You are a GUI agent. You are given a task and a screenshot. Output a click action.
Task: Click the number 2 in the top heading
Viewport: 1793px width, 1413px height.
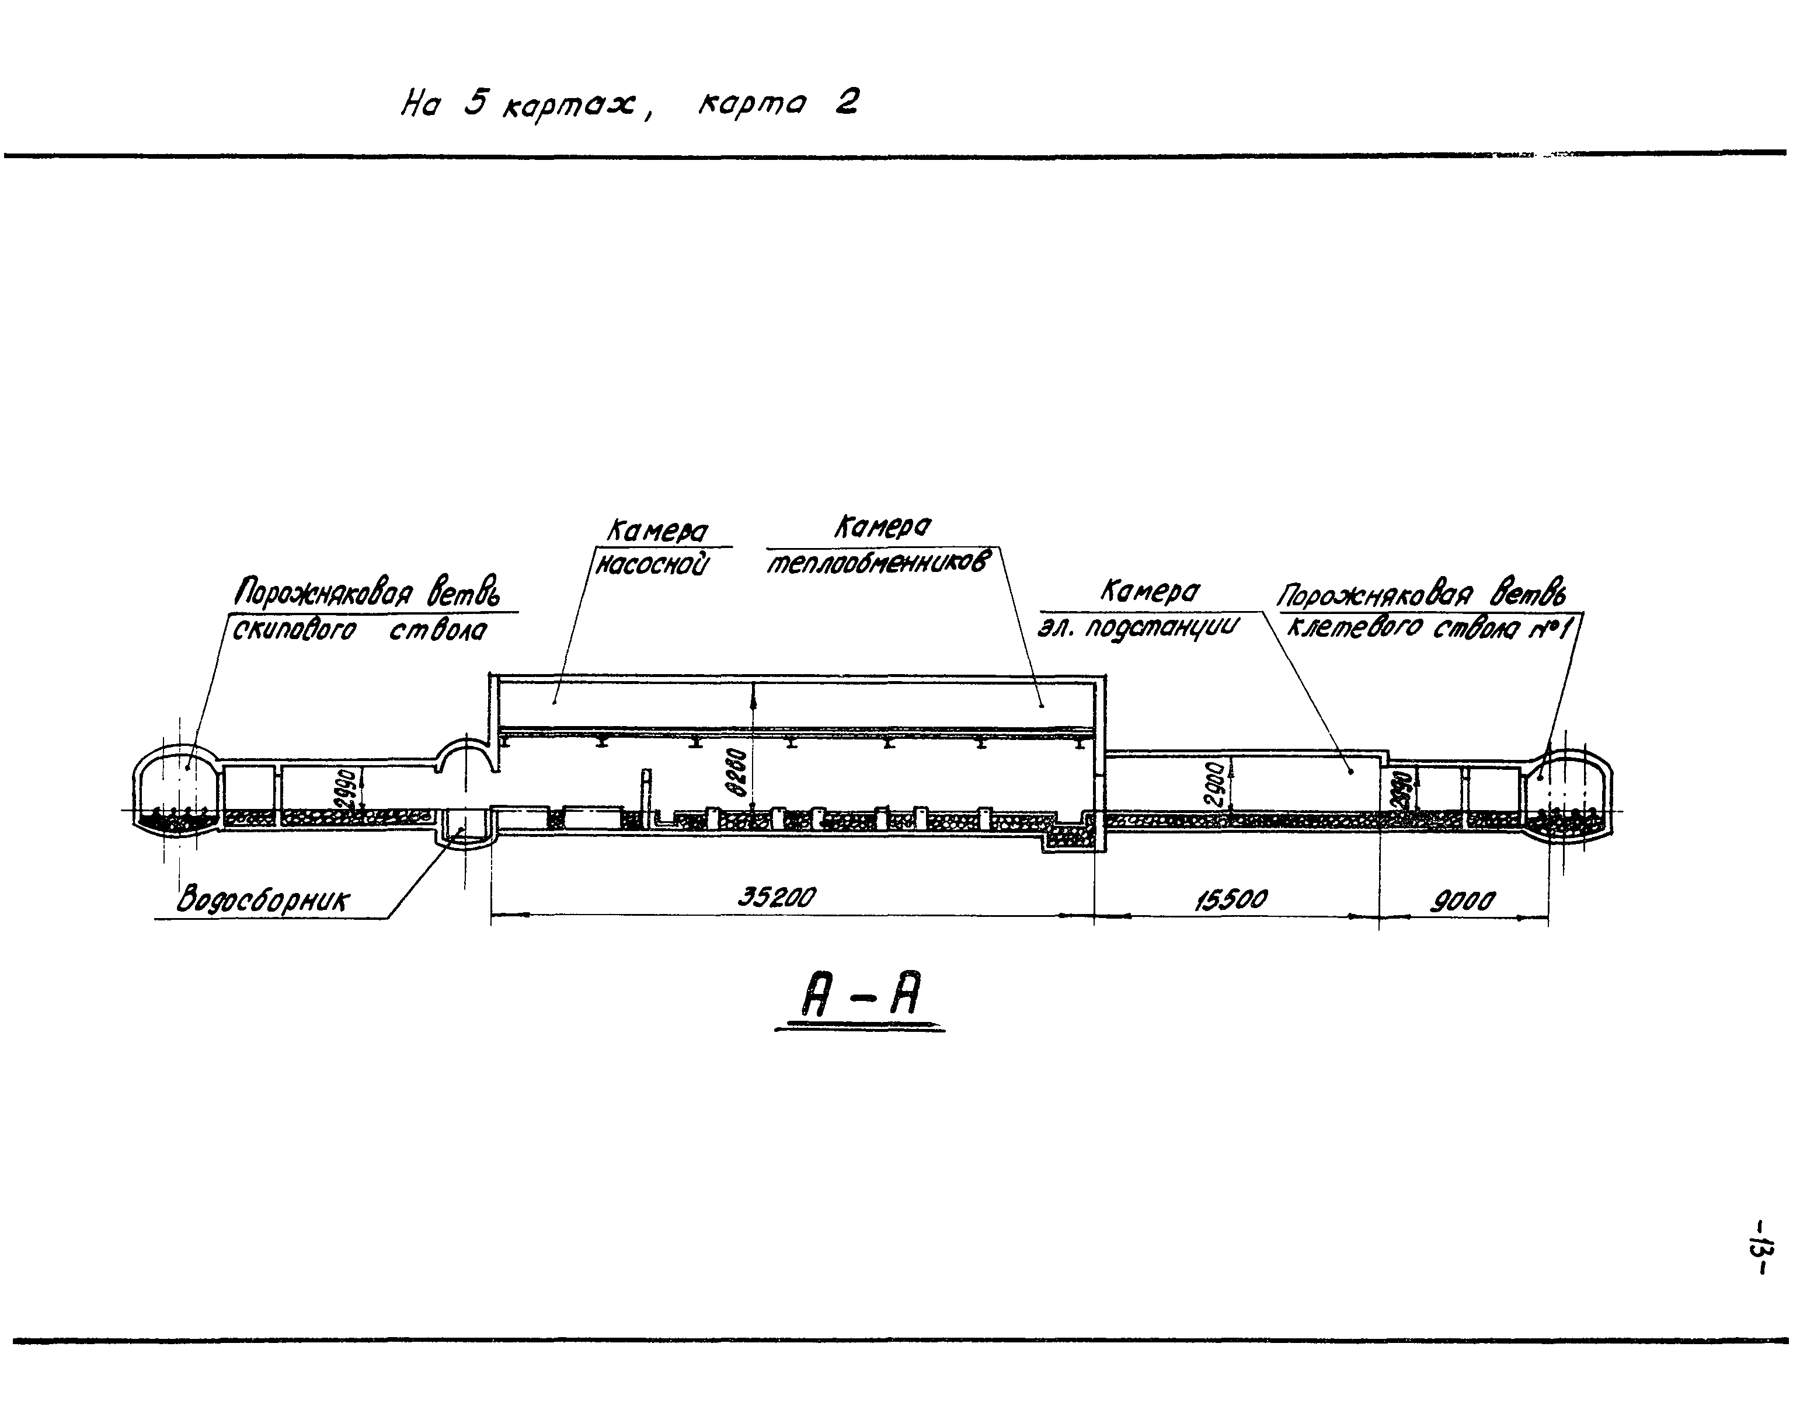pyautogui.click(x=845, y=103)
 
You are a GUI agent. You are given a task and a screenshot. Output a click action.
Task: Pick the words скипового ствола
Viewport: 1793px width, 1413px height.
pyautogui.click(x=359, y=630)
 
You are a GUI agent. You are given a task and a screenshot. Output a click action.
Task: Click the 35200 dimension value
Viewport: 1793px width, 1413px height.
pyautogui.click(x=776, y=897)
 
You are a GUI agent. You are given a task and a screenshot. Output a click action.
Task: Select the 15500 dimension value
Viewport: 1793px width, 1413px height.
pyautogui.click(x=1230, y=899)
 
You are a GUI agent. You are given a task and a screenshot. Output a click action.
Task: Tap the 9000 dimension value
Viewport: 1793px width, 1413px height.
pyautogui.click(x=1463, y=900)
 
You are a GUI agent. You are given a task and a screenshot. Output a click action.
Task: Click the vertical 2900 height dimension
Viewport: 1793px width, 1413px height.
pyautogui.click(x=1214, y=784)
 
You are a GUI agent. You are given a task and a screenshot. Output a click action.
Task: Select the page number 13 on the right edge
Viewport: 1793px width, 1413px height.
pyautogui.click(x=1759, y=1258)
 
